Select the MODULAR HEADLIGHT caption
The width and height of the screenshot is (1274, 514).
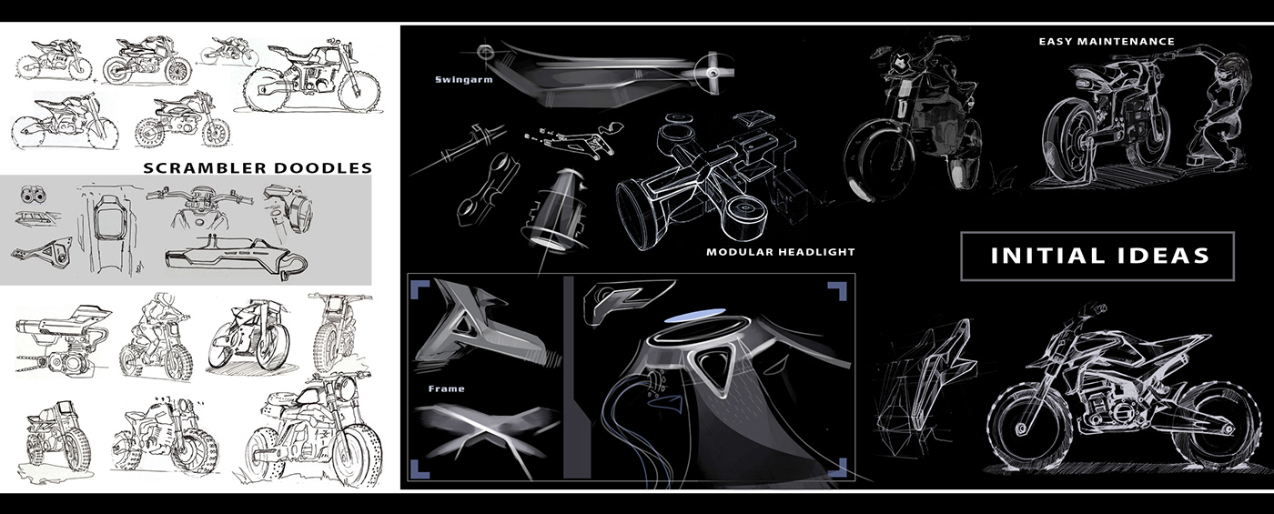click(781, 251)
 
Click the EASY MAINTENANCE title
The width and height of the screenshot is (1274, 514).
click(1107, 41)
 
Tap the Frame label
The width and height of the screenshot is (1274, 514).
click(446, 388)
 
